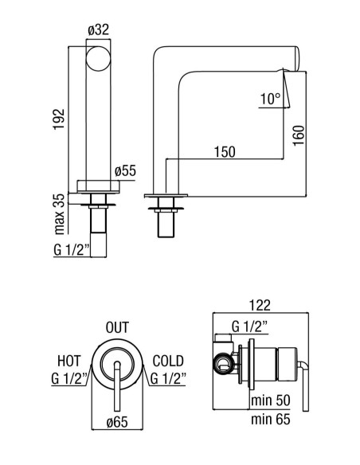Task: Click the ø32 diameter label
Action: click(x=99, y=30)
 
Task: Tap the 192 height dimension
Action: click(x=59, y=119)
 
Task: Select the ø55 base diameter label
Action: click(x=125, y=171)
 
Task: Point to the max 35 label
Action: click(x=59, y=214)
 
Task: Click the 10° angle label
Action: click(x=270, y=99)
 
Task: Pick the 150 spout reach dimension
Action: click(x=225, y=152)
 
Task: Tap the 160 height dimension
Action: click(x=299, y=135)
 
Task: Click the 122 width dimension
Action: click(x=260, y=306)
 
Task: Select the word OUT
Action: click(x=117, y=327)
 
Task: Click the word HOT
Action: click(x=68, y=361)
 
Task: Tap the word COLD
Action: click(x=168, y=361)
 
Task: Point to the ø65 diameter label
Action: click(x=117, y=422)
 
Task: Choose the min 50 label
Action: click(x=271, y=400)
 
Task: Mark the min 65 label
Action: click(x=271, y=419)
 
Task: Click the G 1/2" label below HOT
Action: click(x=68, y=379)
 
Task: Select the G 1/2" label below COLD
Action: click(x=168, y=379)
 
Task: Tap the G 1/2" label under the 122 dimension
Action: click(x=249, y=326)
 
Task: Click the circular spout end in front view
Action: click(x=98, y=58)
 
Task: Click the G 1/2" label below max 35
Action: click(x=72, y=250)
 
